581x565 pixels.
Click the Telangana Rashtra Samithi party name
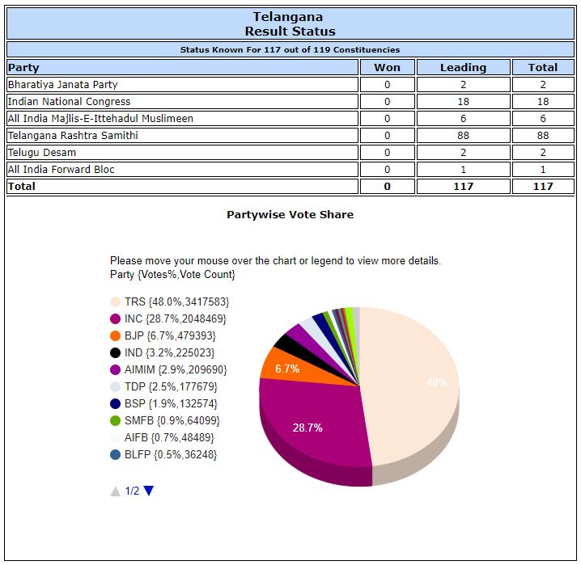point(73,136)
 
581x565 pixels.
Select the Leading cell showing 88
point(464,136)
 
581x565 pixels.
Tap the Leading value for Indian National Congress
point(464,102)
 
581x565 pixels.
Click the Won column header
point(387,68)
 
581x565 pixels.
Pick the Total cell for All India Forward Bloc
point(543,170)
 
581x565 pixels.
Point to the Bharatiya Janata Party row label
point(62,85)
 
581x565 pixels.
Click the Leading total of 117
point(464,187)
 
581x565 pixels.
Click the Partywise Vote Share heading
point(290,215)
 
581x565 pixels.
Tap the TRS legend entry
point(176,301)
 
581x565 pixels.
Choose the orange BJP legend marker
point(116,335)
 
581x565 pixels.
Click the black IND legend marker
point(116,352)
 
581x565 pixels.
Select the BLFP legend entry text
point(171,454)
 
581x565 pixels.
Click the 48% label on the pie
point(437,383)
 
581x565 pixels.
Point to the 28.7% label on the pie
point(307,428)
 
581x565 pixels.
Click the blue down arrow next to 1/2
point(149,491)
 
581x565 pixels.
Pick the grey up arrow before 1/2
point(116,491)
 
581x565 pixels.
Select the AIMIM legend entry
point(176,369)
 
